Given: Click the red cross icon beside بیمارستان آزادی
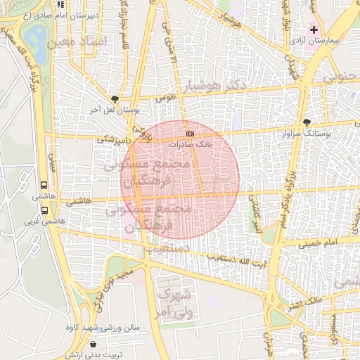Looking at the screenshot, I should pos(314,30).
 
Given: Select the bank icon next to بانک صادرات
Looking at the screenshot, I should pos(190,133).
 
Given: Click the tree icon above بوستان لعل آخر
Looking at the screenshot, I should pos(115,99).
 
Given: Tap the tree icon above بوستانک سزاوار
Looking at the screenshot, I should pos(306,122).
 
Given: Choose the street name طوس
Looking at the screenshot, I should pos(165,98).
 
